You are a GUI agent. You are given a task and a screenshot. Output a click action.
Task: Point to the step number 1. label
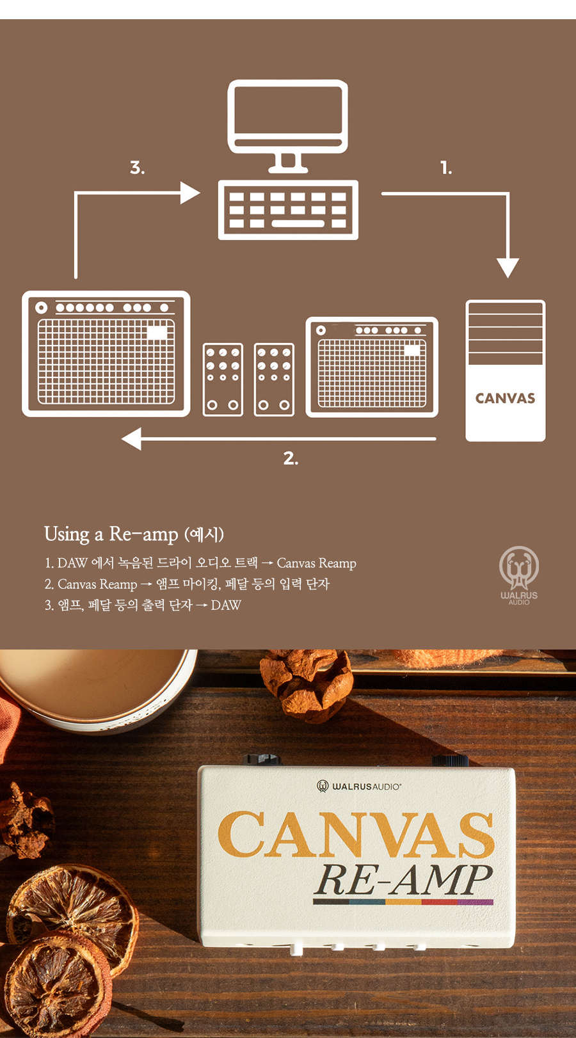tap(446, 168)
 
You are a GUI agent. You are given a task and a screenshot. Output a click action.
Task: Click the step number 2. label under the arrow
tap(291, 458)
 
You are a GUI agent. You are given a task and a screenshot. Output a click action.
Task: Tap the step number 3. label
tap(137, 167)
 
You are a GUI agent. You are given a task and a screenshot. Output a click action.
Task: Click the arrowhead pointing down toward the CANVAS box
tap(508, 268)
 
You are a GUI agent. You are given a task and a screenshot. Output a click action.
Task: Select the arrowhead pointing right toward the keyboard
tap(189, 193)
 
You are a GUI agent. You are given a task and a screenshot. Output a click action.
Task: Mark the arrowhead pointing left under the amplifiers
tap(132, 438)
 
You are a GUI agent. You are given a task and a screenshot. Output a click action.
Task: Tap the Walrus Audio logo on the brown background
tap(519, 575)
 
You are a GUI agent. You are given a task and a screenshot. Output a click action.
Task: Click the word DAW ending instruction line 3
tap(226, 605)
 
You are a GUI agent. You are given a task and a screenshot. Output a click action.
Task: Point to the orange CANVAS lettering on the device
tap(356, 834)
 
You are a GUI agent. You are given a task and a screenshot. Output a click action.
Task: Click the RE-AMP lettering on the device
tap(403, 880)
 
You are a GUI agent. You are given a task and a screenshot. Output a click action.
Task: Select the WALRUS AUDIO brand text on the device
tap(366, 786)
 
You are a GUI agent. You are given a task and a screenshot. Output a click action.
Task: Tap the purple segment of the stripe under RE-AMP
tap(476, 902)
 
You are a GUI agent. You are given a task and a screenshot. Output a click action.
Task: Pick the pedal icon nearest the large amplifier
tap(223, 379)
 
